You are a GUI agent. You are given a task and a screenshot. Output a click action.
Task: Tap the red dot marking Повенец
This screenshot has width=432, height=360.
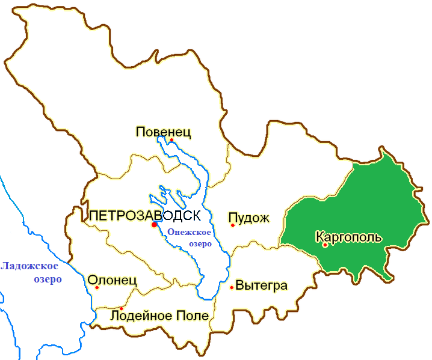click(171, 140)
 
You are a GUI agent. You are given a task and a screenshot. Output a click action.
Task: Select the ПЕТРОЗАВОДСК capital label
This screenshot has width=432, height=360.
click(144, 215)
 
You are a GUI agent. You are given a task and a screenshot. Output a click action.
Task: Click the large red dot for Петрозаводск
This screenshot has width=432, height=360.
click(154, 224)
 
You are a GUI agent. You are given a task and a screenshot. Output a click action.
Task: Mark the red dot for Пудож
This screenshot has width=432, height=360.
click(232, 225)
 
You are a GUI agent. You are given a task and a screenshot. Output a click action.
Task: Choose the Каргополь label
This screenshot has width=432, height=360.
click(348, 237)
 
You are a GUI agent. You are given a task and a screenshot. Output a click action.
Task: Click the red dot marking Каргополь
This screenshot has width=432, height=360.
click(325, 245)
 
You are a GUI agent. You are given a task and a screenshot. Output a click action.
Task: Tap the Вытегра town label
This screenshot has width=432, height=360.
click(262, 285)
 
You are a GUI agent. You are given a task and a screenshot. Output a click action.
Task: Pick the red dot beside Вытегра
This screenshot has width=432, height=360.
click(232, 287)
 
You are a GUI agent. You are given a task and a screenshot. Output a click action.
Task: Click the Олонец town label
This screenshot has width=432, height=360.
click(113, 279)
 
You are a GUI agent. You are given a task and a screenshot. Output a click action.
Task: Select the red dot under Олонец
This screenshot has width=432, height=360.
click(97, 287)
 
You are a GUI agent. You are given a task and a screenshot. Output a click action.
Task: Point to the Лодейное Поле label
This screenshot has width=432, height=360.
click(159, 316)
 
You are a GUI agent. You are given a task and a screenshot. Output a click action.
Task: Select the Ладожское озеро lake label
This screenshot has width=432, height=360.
click(29, 272)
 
